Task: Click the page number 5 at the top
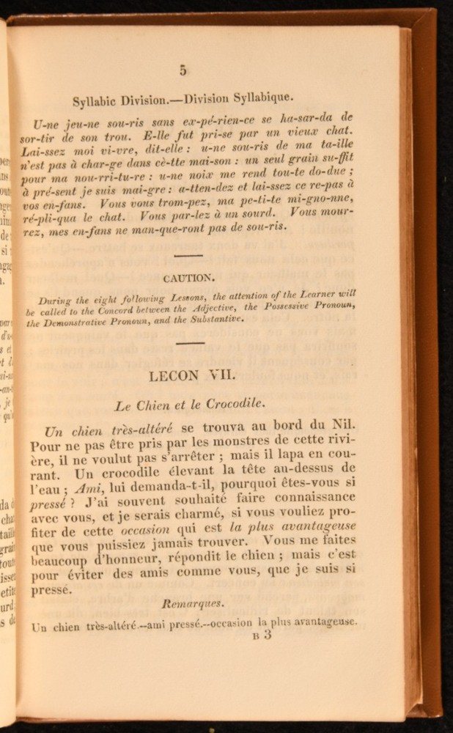point(182,70)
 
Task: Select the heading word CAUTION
point(189,278)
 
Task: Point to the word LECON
point(173,376)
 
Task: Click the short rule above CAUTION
point(189,255)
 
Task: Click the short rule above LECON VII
point(191,342)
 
